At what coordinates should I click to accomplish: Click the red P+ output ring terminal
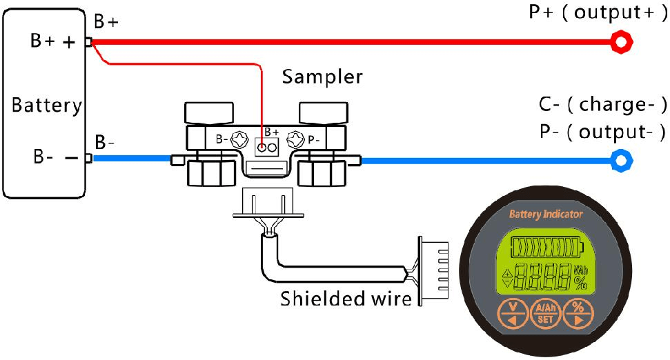[x=622, y=43]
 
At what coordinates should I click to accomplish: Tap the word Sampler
[x=322, y=77]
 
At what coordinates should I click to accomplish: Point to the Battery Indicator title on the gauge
[x=546, y=214]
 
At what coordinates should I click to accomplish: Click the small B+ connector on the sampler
[x=268, y=147]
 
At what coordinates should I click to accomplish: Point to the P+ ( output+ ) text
[x=598, y=13]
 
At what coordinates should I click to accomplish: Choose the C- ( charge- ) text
[x=603, y=106]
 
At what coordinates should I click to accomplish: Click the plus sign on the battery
[x=70, y=42]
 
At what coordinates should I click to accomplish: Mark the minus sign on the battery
[x=70, y=157]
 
